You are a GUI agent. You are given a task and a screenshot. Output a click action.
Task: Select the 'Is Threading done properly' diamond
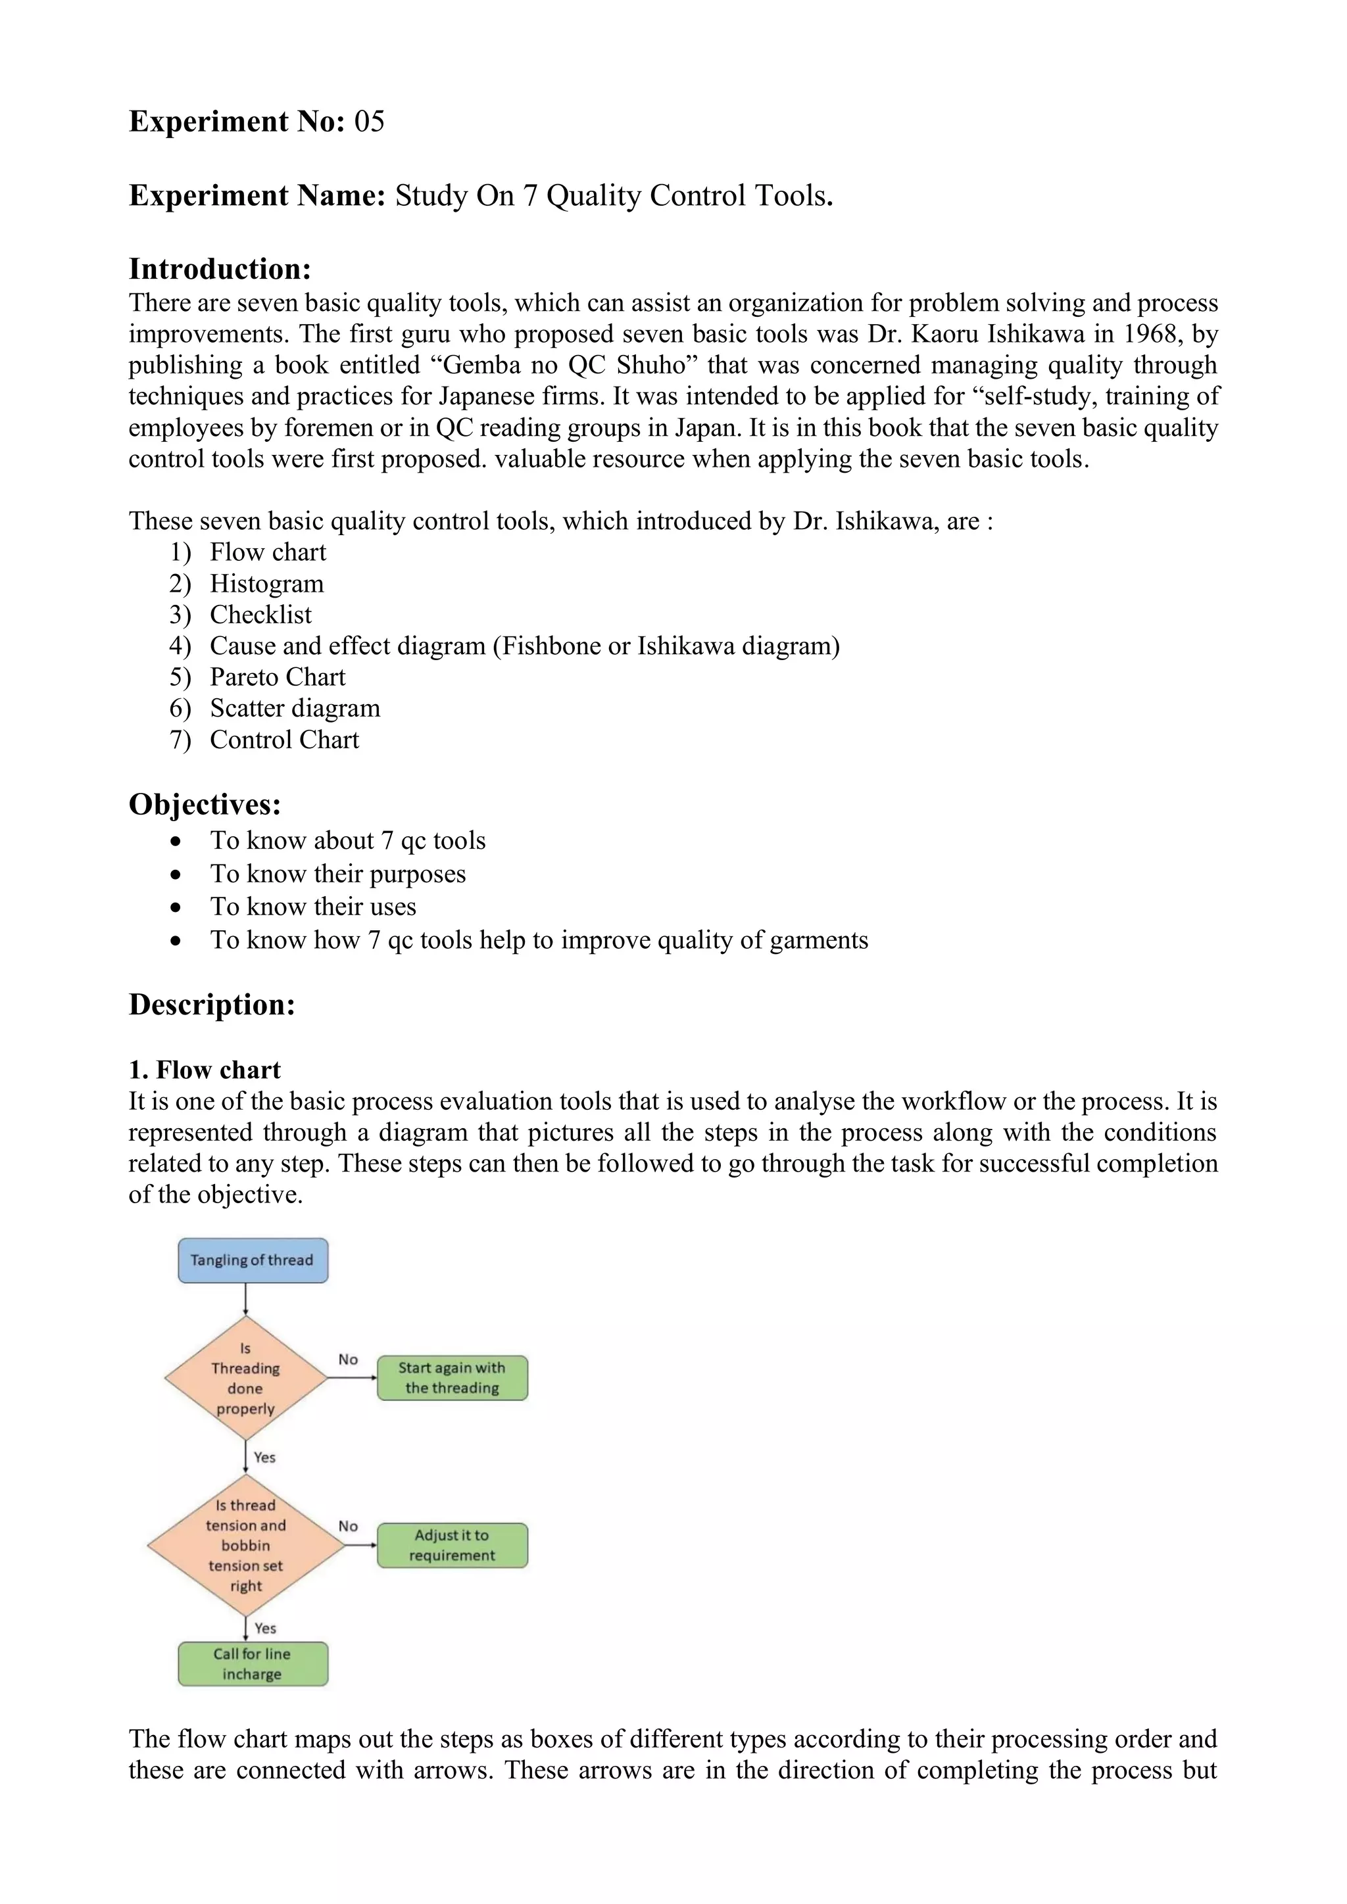245,1378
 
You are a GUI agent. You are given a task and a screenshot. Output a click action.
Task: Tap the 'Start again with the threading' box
452,1378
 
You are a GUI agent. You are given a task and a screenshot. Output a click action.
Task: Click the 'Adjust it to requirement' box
452,1545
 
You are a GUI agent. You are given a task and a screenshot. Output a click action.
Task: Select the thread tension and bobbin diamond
245,1545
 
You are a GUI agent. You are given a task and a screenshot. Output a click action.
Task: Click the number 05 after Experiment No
369,122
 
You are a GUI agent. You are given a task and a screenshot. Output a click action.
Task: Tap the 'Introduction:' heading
220,269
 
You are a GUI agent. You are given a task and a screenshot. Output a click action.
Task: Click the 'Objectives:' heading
205,804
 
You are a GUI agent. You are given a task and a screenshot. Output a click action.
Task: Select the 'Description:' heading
212,1004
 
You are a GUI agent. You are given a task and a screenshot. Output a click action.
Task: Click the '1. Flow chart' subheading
205,1070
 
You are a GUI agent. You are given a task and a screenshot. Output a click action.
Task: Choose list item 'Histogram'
266,584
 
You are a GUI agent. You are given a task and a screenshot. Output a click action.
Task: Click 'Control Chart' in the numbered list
283,740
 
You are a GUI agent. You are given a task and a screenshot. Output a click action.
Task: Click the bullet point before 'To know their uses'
175,908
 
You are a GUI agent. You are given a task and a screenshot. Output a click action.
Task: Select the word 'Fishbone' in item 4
551,646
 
